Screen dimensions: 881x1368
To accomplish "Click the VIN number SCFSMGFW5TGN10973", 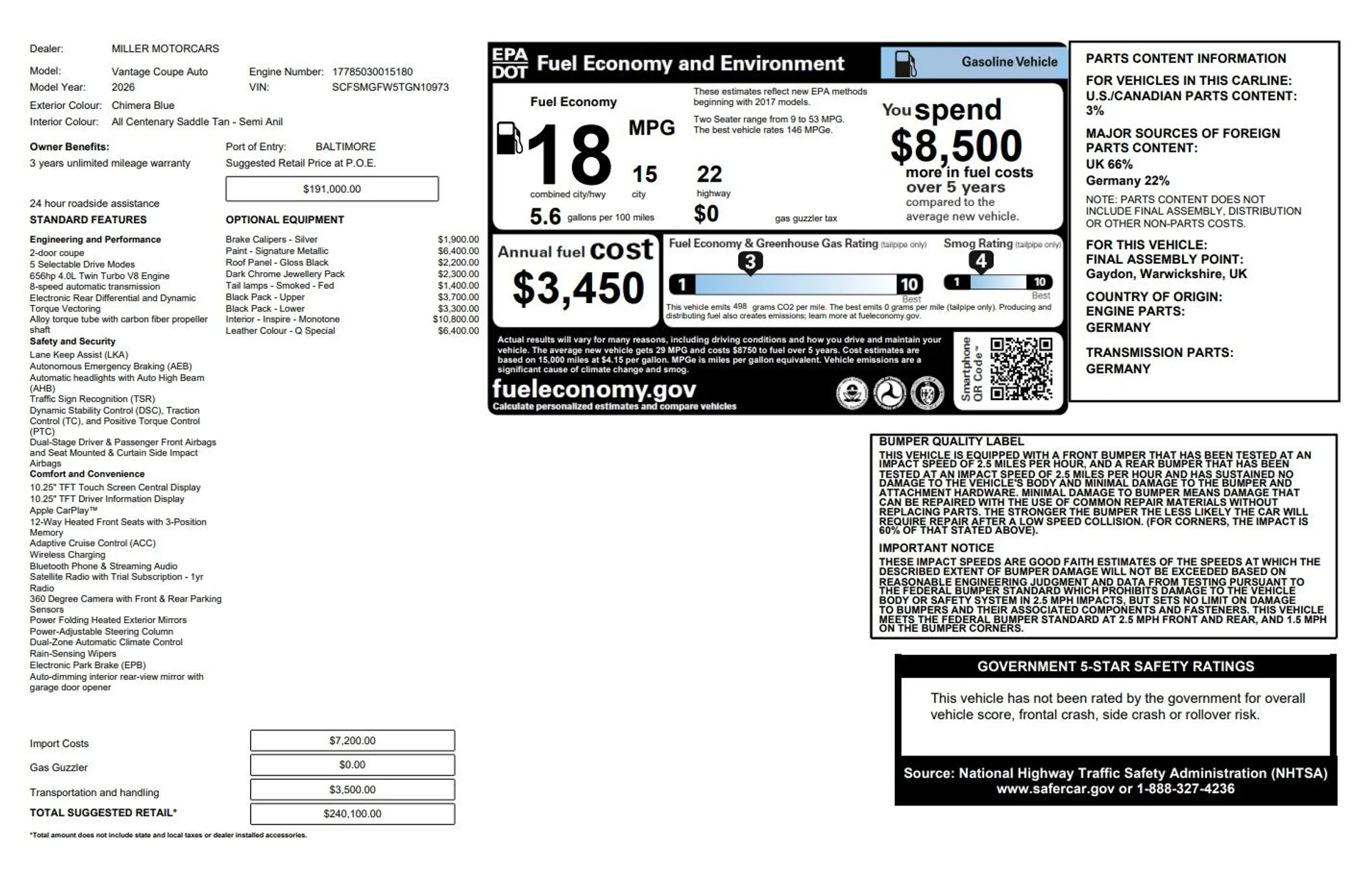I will coord(390,87).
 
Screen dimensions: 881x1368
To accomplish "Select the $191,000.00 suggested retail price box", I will coord(332,189).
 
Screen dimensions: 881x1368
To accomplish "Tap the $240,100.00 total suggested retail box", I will coord(352,813).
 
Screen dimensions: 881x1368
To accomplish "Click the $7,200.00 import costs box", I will coord(352,741).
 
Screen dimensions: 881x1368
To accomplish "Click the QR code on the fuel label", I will coord(1021,369).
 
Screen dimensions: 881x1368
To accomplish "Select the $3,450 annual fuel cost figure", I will coord(578,288).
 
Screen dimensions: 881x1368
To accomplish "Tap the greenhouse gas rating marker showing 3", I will coord(750,262).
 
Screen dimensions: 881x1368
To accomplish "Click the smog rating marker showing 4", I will coord(981,261).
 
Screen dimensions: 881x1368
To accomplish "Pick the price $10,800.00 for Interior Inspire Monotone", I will coord(456,319).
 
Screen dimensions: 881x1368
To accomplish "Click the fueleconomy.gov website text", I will coord(594,389).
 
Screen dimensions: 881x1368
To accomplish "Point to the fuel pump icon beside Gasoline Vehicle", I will coord(905,63).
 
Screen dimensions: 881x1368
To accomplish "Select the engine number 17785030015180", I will coord(372,71).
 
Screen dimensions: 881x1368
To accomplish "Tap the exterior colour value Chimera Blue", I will coord(142,105).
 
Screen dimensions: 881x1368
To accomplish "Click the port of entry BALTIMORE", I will coord(345,146).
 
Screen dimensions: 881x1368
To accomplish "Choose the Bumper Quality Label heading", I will coord(950,441).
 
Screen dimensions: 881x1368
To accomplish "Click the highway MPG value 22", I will coord(709,174).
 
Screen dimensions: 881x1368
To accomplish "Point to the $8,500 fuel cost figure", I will coord(955,146).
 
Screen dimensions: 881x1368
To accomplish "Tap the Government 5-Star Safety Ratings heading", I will coord(1115,666).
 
